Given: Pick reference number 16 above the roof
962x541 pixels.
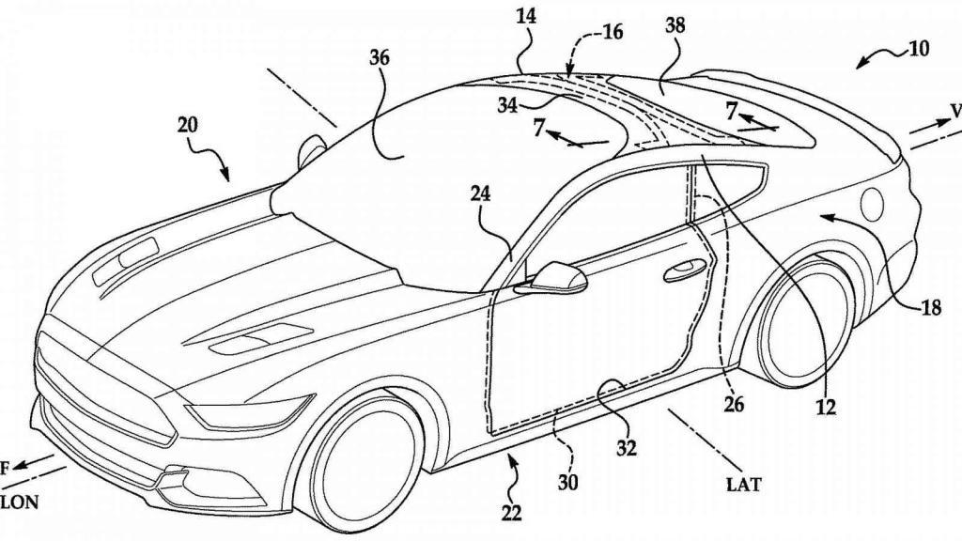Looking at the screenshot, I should click(x=612, y=32).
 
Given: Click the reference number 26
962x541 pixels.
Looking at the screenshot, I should click(x=734, y=406).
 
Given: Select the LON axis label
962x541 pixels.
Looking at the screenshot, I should click(x=19, y=502).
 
